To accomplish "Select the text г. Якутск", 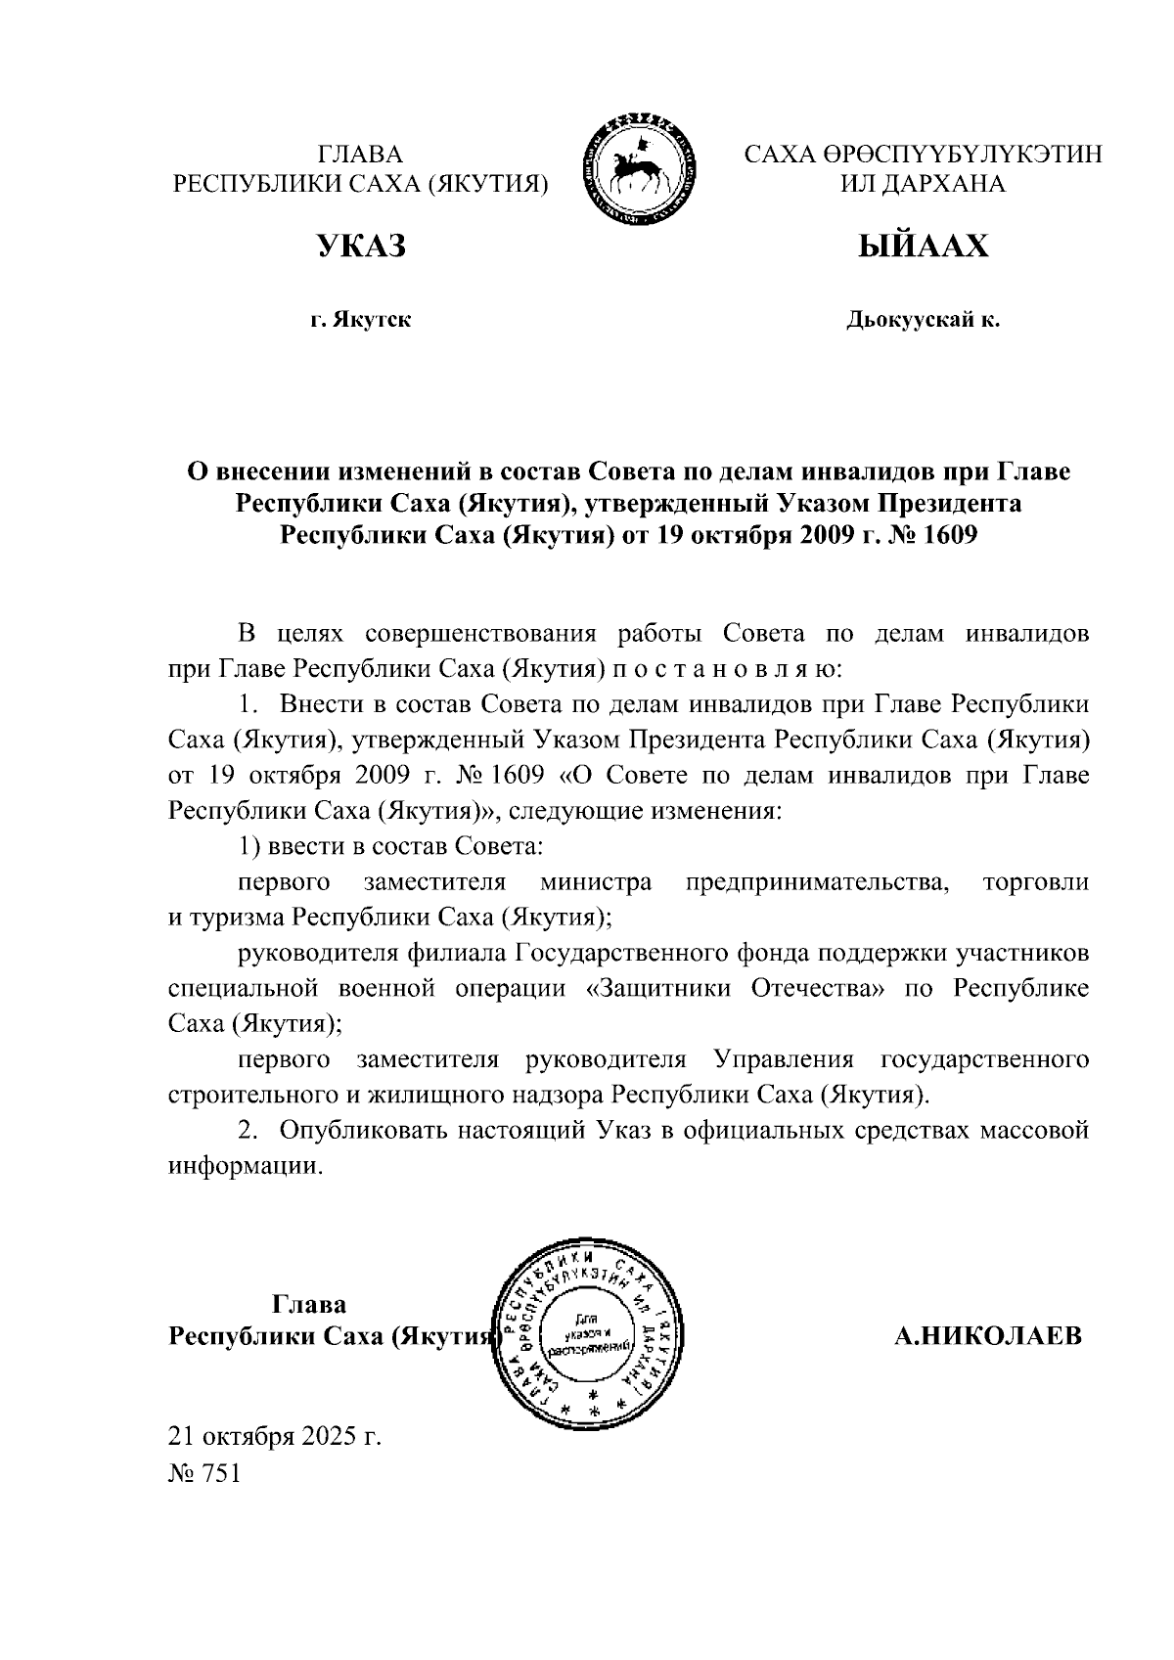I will (x=360, y=320).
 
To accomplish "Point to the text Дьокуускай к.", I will (x=923, y=320).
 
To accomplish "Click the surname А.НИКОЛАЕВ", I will (x=988, y=1336).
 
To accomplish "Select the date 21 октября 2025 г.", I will (x=275, y=1436).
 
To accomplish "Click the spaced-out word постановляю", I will (x=723, y=670).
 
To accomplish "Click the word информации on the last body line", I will (x=245, y=1167).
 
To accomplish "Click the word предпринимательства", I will (x=818, y=882).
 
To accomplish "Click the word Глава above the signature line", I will (x=308, y=1305).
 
